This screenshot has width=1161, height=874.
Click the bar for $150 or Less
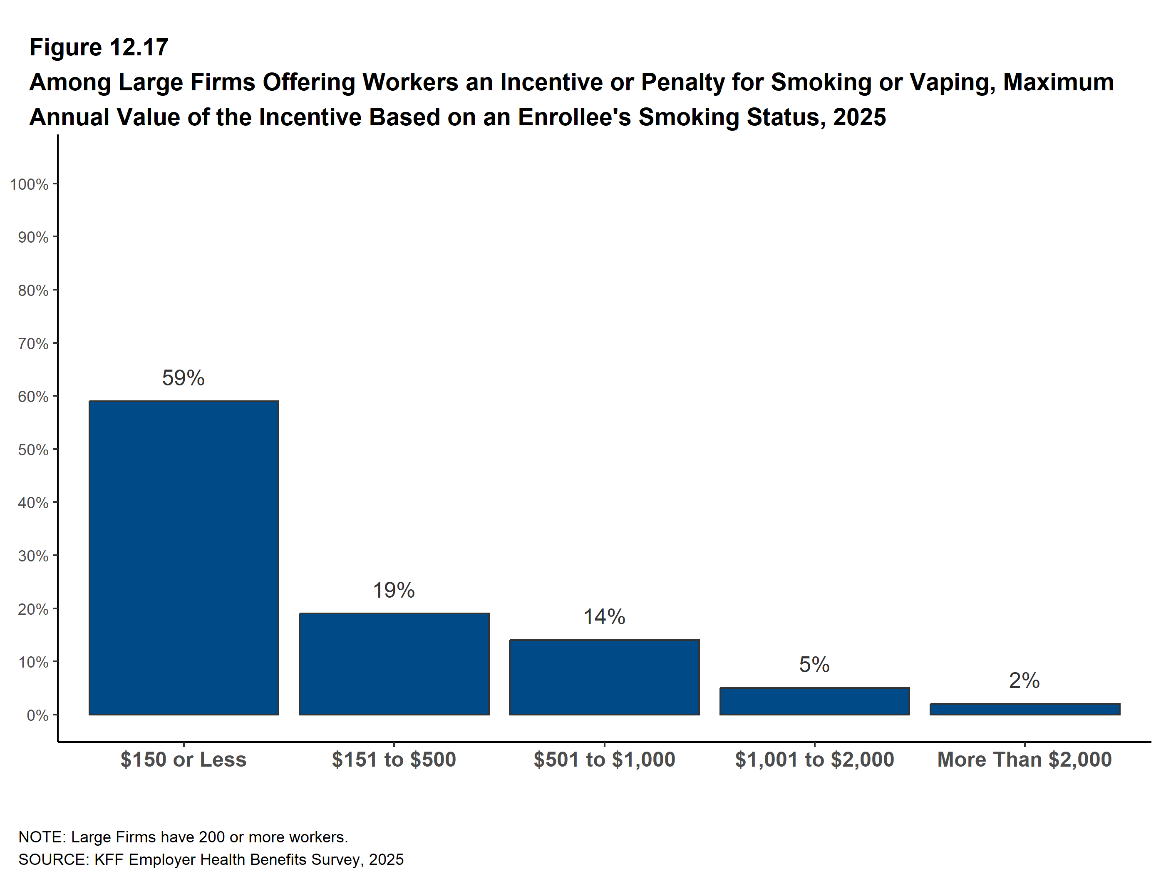184,557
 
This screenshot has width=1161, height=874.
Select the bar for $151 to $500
394,664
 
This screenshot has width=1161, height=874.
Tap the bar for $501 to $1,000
604,677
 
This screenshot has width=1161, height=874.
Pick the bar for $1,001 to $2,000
815,701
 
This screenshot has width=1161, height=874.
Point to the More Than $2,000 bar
1025,709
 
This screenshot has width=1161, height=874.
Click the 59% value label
183,378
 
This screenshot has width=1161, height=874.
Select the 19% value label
394,590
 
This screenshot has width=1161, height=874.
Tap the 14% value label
604,617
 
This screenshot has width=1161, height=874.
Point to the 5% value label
814,665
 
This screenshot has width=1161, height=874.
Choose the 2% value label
1024,680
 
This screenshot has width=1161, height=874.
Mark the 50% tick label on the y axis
33,450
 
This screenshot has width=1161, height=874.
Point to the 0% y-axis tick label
37,715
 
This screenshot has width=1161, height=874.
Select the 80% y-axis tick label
33,290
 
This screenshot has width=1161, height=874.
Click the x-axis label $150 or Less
184,760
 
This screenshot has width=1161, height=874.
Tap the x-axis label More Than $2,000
1025,760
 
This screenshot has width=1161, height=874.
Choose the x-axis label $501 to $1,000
604,760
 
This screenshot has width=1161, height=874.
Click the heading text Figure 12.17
99,47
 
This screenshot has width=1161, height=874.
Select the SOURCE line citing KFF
211,860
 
